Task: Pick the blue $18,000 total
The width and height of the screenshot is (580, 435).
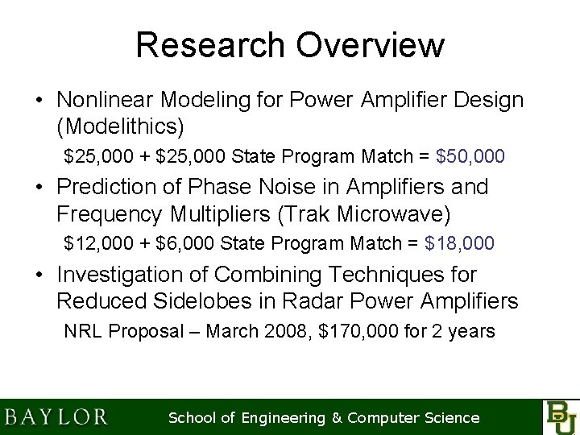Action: (x=459, y=242)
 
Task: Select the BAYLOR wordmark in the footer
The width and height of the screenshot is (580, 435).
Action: (x=56, y=417)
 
